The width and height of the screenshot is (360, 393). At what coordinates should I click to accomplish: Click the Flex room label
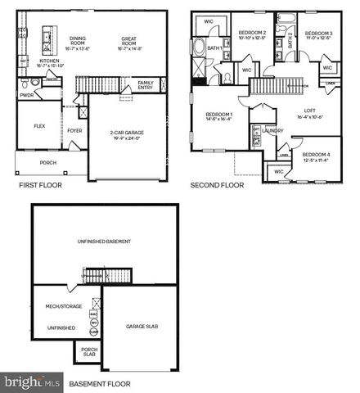point(38,127)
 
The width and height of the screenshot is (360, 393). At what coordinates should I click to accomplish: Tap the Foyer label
point(74,129)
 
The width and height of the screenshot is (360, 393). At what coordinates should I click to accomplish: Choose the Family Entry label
point(146,84)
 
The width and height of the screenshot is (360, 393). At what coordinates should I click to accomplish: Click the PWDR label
point(27,95)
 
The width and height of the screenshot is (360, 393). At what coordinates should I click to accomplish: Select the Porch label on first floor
point(47,161)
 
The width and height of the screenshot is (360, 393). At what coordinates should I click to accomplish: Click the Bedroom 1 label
point(219,116)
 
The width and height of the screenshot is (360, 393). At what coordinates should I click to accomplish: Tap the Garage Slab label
point(142,327)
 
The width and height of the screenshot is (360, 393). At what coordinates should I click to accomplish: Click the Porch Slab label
point(89,353)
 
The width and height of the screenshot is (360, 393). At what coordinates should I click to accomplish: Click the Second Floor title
point(217,186)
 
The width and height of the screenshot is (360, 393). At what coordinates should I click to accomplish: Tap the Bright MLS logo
point(32,382)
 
